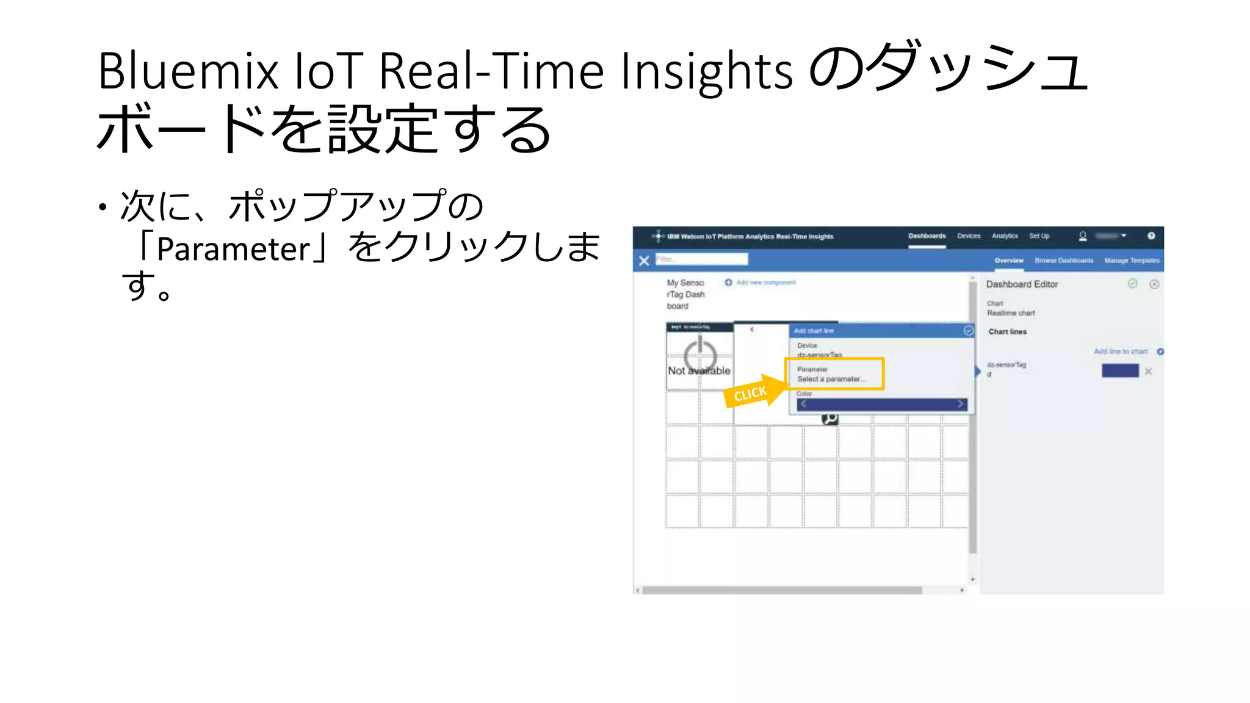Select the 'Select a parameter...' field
[831, 379]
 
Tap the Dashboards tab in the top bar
[927, 236]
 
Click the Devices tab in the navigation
[969, 236]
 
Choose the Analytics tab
[1005, 236]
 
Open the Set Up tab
[1039, 236]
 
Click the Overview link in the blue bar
[1008, 261]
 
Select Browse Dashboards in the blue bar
[1064, 261]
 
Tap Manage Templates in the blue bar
[1132, 261]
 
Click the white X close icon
[644, 261]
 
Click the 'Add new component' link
[765, 283]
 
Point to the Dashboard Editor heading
[1022, 284]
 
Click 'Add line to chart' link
[1121, 351]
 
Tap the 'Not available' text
[699, 370]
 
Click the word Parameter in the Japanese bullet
[234, 249]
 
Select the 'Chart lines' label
[1007, 332]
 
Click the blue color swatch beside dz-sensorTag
[1120, 370]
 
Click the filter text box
[701, 259]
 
